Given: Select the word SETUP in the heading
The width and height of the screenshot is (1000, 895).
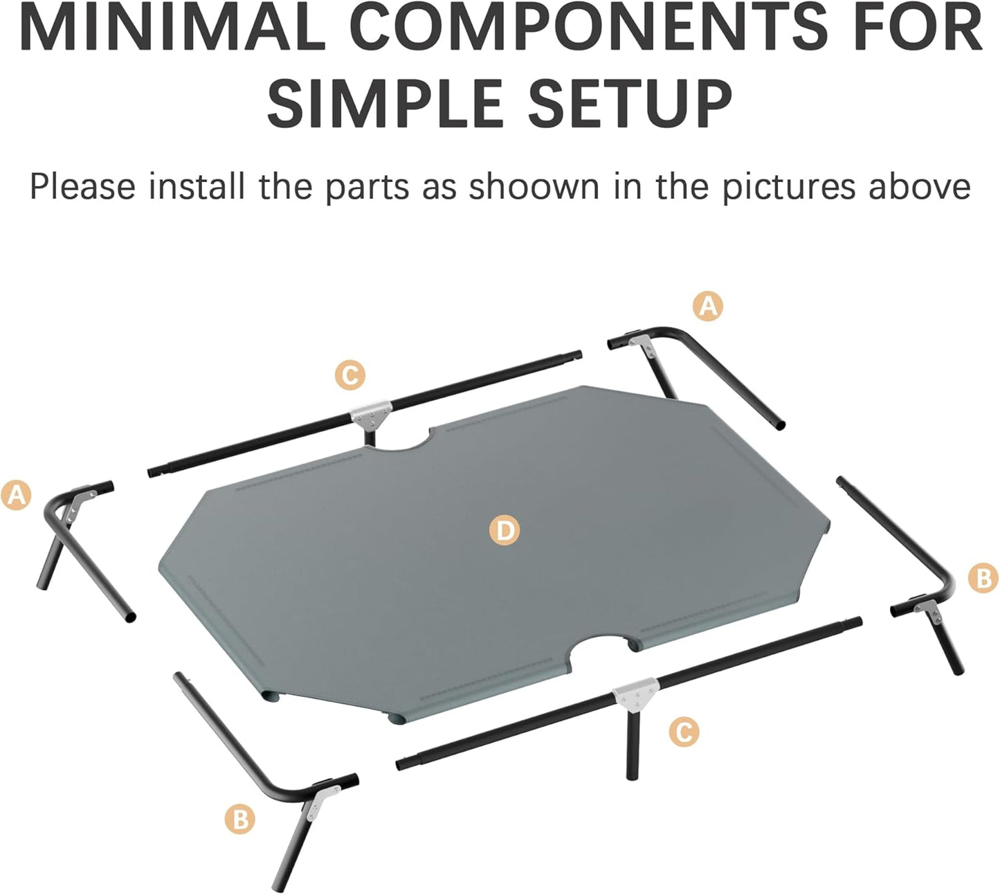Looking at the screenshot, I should (630, 104).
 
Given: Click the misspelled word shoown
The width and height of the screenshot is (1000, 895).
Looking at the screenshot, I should (534, 187).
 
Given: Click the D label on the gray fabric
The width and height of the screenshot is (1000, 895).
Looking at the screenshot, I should (504, 531).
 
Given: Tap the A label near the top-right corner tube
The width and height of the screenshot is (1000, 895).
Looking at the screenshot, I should (708, 305).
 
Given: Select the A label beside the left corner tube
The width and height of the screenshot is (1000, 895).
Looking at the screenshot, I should (16, 496).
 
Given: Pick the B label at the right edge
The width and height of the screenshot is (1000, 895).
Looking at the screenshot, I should (983, 577).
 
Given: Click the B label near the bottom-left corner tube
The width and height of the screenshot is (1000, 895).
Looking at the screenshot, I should (240, 820).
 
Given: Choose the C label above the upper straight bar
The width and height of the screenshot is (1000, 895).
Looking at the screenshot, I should (350, 375).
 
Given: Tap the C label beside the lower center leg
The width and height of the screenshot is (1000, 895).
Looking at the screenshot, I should (684, 732).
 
